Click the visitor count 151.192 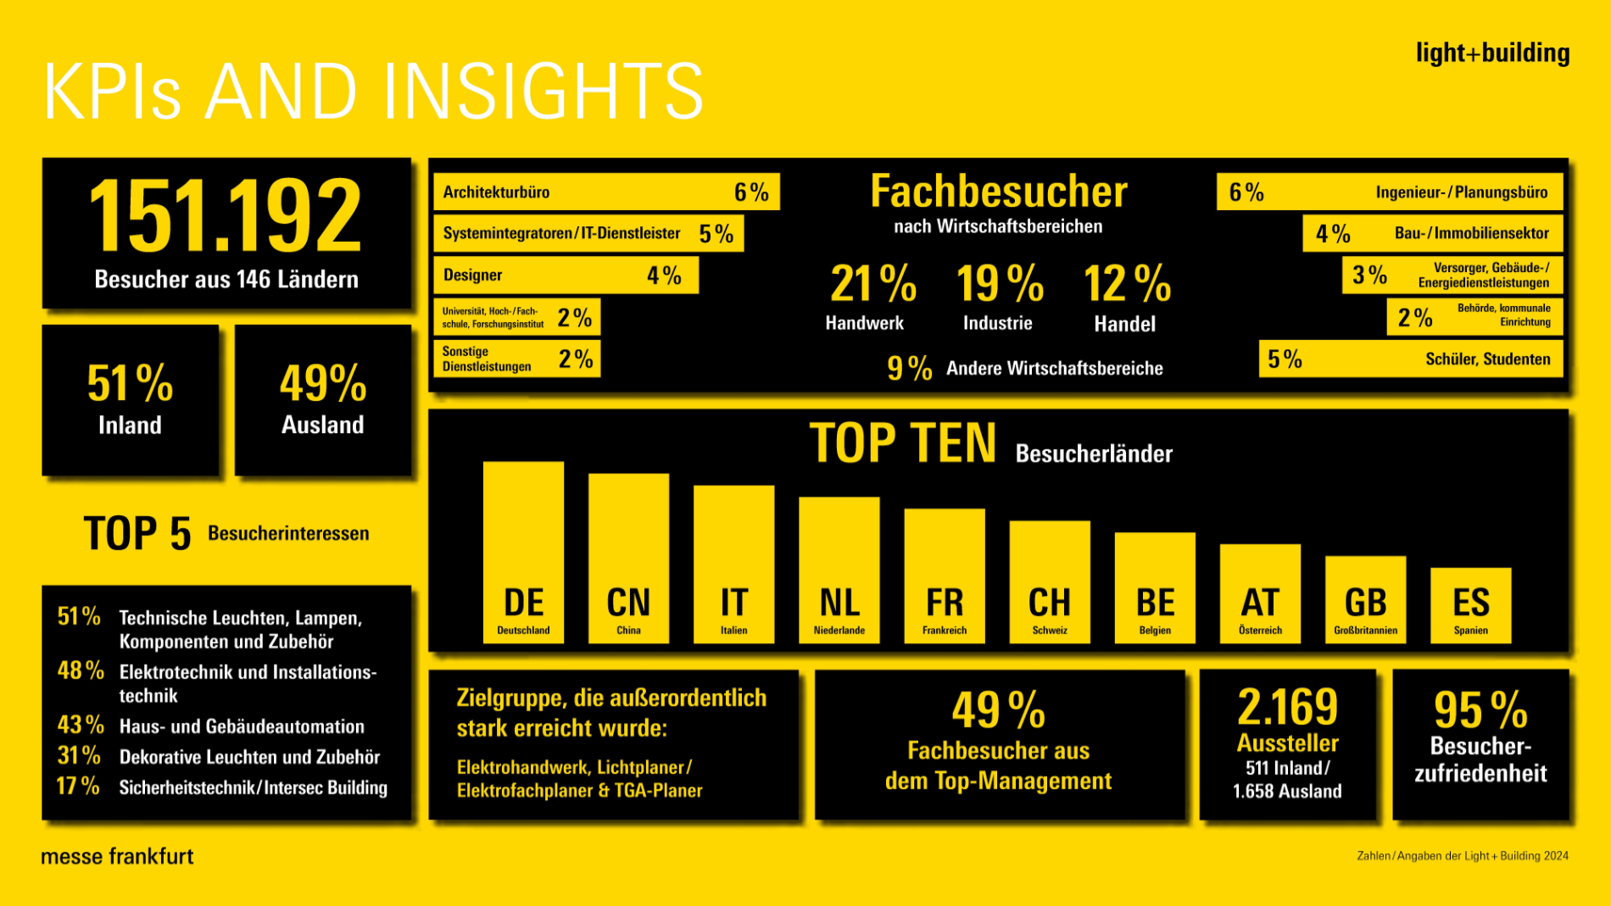[x=226, y=215]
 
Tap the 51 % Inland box [x=131, y=400]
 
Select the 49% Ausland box [x=323, y=400]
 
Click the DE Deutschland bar [x=523, y=553]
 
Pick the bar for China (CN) [x=628, y=559]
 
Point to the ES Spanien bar [x=1470, y=605]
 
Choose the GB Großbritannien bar [x=1365, y=599]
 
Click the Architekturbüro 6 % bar [x=605, y=192]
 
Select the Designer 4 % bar [x=566, y=275]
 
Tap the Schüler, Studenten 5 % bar [x=1410, y=359]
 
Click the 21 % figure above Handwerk [x=872, y=283]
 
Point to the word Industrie [x=997, y=323]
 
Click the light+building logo [x=1492, y=53]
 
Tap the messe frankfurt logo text [x=117, y=856]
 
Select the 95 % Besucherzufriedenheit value [x=1480, y=709]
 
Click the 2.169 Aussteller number [x=1287, y=707]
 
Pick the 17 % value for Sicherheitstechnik [x=78, y=786]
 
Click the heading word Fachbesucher [x=999, y=192]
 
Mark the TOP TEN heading [x=903, y=443]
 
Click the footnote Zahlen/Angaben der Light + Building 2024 [x=1462, y=856]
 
